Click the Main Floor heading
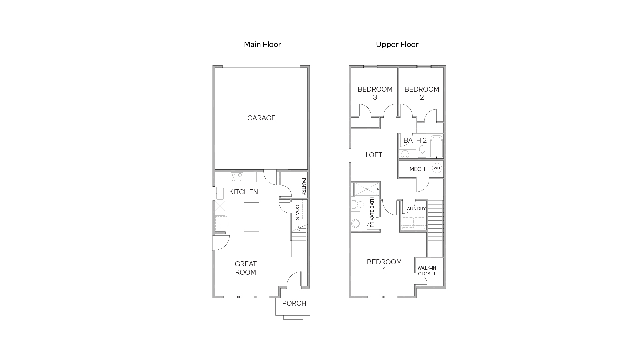click(262, 44)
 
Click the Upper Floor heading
click(397, 44)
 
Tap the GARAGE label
click(261, 118)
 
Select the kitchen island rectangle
click(251, 217)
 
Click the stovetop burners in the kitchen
click(237, 177)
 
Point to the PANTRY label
click(304, 187)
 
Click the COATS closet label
click(297, 212)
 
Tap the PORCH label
click(294, 303)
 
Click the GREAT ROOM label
click(246, 268)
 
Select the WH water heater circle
click(437, 168)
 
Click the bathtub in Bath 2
click(436, 147)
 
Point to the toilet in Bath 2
click(422, 150)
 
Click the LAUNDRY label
click(415, 209)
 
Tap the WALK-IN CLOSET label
click(427, 271)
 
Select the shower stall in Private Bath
click(367, 189)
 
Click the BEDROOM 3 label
click(375, 93)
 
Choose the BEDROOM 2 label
click(422, 93)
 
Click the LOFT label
click(374, 155)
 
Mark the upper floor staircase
click(435, 228)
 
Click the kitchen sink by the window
click(220, 193)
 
